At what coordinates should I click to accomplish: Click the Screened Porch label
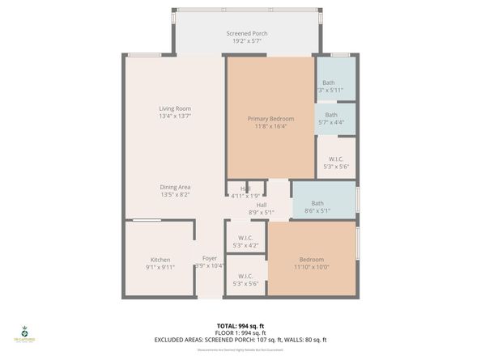click(247, 33)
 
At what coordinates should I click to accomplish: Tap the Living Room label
click(175, 108)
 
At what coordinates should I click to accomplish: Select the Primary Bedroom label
click(270, 118)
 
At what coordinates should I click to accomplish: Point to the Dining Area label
click(175, 187)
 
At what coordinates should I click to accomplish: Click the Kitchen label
click(160, 260)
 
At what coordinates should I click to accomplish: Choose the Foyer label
click(210, 259)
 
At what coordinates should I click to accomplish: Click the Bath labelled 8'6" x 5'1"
click(317, 203)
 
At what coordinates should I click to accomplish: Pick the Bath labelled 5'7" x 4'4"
click(331, 115)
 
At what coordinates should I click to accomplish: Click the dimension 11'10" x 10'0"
click(311, 267)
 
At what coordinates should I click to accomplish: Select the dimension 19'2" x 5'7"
click(247, 41)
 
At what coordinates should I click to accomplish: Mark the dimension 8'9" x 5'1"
click(262, 213)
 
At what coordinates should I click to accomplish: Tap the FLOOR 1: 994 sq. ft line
click(240, 332)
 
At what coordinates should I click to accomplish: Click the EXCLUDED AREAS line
click(240, 340)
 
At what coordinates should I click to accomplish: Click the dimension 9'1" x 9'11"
click(160, 267)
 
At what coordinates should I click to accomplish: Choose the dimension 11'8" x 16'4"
click(270, 126)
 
